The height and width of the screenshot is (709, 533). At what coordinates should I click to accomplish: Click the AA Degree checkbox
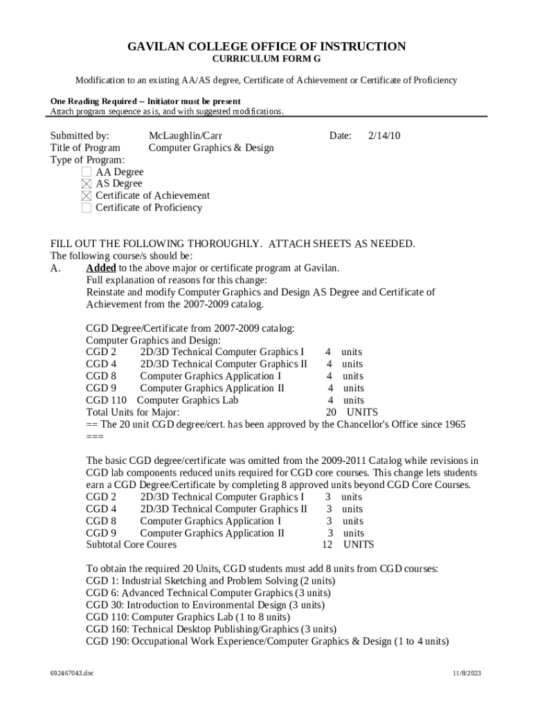87,172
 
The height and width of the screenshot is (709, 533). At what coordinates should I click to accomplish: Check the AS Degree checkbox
87,183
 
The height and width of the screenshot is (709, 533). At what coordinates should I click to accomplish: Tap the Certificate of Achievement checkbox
87,196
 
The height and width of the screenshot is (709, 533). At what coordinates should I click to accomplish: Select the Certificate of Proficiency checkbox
87,208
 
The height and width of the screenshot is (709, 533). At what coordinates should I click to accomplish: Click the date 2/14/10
384,136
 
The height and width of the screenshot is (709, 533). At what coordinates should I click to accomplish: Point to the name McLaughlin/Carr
186,136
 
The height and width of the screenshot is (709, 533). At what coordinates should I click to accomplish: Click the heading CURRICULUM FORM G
266,60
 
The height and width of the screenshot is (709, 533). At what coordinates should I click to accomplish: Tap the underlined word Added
100,268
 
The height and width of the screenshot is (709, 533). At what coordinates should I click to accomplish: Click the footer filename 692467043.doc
72,673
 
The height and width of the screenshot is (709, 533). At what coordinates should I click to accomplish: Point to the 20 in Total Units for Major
331,412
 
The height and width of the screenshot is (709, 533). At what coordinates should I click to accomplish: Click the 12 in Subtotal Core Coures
329,545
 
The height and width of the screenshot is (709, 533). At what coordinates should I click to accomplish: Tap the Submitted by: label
80,136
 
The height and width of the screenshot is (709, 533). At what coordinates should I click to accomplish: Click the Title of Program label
85,147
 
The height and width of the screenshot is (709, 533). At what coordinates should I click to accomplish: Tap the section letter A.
55,268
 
